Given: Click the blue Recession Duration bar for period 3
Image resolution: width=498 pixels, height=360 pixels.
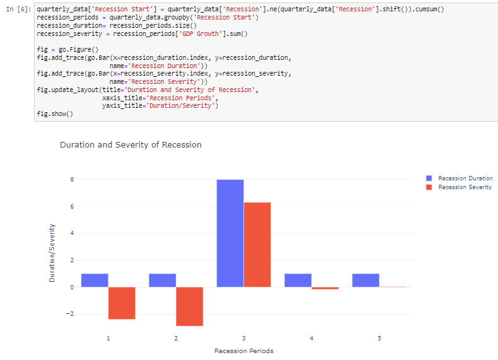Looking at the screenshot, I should tap(230, 233).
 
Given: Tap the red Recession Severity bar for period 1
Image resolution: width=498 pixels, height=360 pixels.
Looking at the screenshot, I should tap(122, 303).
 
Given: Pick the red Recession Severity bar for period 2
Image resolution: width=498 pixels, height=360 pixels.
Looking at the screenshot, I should tap(189, 306).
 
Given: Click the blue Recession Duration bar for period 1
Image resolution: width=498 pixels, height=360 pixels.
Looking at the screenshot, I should tap(95, 281).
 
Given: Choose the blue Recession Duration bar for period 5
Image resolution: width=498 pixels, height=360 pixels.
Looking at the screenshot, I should tap(366, 281).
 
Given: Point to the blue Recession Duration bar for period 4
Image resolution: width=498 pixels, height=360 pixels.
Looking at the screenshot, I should tap(298, 281).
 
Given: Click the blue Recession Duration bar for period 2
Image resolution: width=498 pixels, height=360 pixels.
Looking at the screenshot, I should tap(162, 281).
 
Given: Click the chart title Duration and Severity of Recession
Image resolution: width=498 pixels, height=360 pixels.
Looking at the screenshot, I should tap(130, 145).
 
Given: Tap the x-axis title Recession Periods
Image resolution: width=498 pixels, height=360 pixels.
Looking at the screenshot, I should tap(243, 351).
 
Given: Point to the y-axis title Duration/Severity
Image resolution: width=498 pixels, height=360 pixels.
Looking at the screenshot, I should tap(52, 253).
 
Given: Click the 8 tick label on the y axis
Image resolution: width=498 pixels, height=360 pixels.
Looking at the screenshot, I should tap(72, 180).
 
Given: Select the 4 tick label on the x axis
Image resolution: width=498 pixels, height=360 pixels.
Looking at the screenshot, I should tap(311, 339).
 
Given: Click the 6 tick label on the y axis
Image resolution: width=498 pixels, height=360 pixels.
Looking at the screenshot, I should tap(72, 206).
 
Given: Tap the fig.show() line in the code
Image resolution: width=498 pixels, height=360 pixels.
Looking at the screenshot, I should tap(55, 114).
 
